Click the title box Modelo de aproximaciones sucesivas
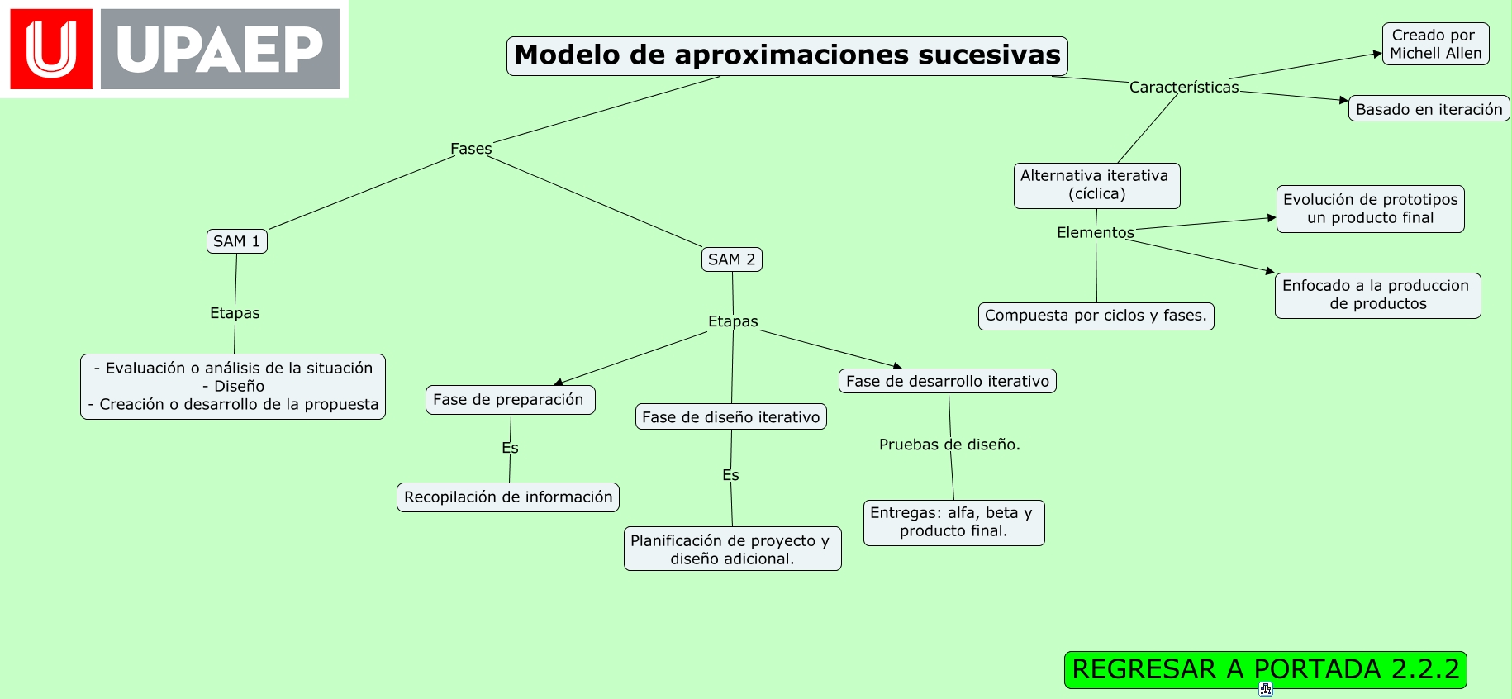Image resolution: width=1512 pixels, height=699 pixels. (x=787, y=56)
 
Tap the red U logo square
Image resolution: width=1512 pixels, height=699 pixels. (x=51, y=50)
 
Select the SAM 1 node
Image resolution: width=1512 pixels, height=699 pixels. (x=236, y=241)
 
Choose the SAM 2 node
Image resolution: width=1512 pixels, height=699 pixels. (x=731, y=259)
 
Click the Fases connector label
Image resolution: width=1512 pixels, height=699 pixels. (x=471, y=149)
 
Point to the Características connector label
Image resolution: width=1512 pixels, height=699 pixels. (x=1183, y=87)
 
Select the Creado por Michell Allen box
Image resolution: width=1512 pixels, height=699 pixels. (x=1435, y=44)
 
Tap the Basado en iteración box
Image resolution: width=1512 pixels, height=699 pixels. (x=1429, y=109)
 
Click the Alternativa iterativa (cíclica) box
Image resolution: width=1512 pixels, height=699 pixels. (x=1096, y=185)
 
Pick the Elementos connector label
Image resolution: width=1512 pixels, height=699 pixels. (x=1095, y=232)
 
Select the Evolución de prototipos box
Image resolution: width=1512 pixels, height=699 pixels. (x=1370, y=209)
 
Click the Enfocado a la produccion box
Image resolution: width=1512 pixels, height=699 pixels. (x=1377, y=295)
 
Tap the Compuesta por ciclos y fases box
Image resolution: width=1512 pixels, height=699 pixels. (x=1096, y=316)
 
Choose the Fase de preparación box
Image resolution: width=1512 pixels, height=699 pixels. (x=509, y=400)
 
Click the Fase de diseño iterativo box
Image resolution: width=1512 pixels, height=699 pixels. (x=730, y=417)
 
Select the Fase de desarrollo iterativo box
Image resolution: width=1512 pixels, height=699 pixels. (x=947, y=381)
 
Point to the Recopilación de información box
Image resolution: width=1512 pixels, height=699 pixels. (x=507, y=497)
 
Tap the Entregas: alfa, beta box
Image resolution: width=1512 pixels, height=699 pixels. (x=953, y=522)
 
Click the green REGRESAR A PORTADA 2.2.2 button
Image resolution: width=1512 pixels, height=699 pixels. (x=1265, y=669)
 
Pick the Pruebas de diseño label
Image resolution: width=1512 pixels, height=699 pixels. (x=949, y=445)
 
